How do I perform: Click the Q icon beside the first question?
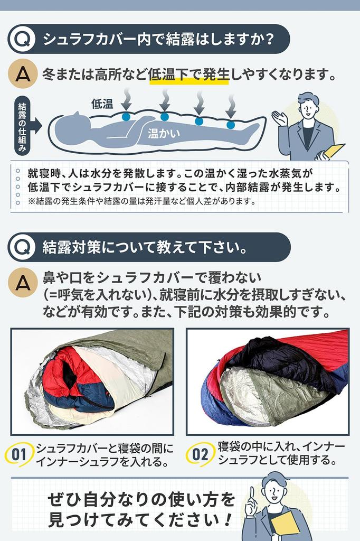22,39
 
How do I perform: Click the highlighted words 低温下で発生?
188,74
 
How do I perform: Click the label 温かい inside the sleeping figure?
164,133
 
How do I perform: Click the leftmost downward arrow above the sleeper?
127,100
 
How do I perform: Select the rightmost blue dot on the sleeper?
231,125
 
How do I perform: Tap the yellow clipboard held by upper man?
333,151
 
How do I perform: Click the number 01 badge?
19,455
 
